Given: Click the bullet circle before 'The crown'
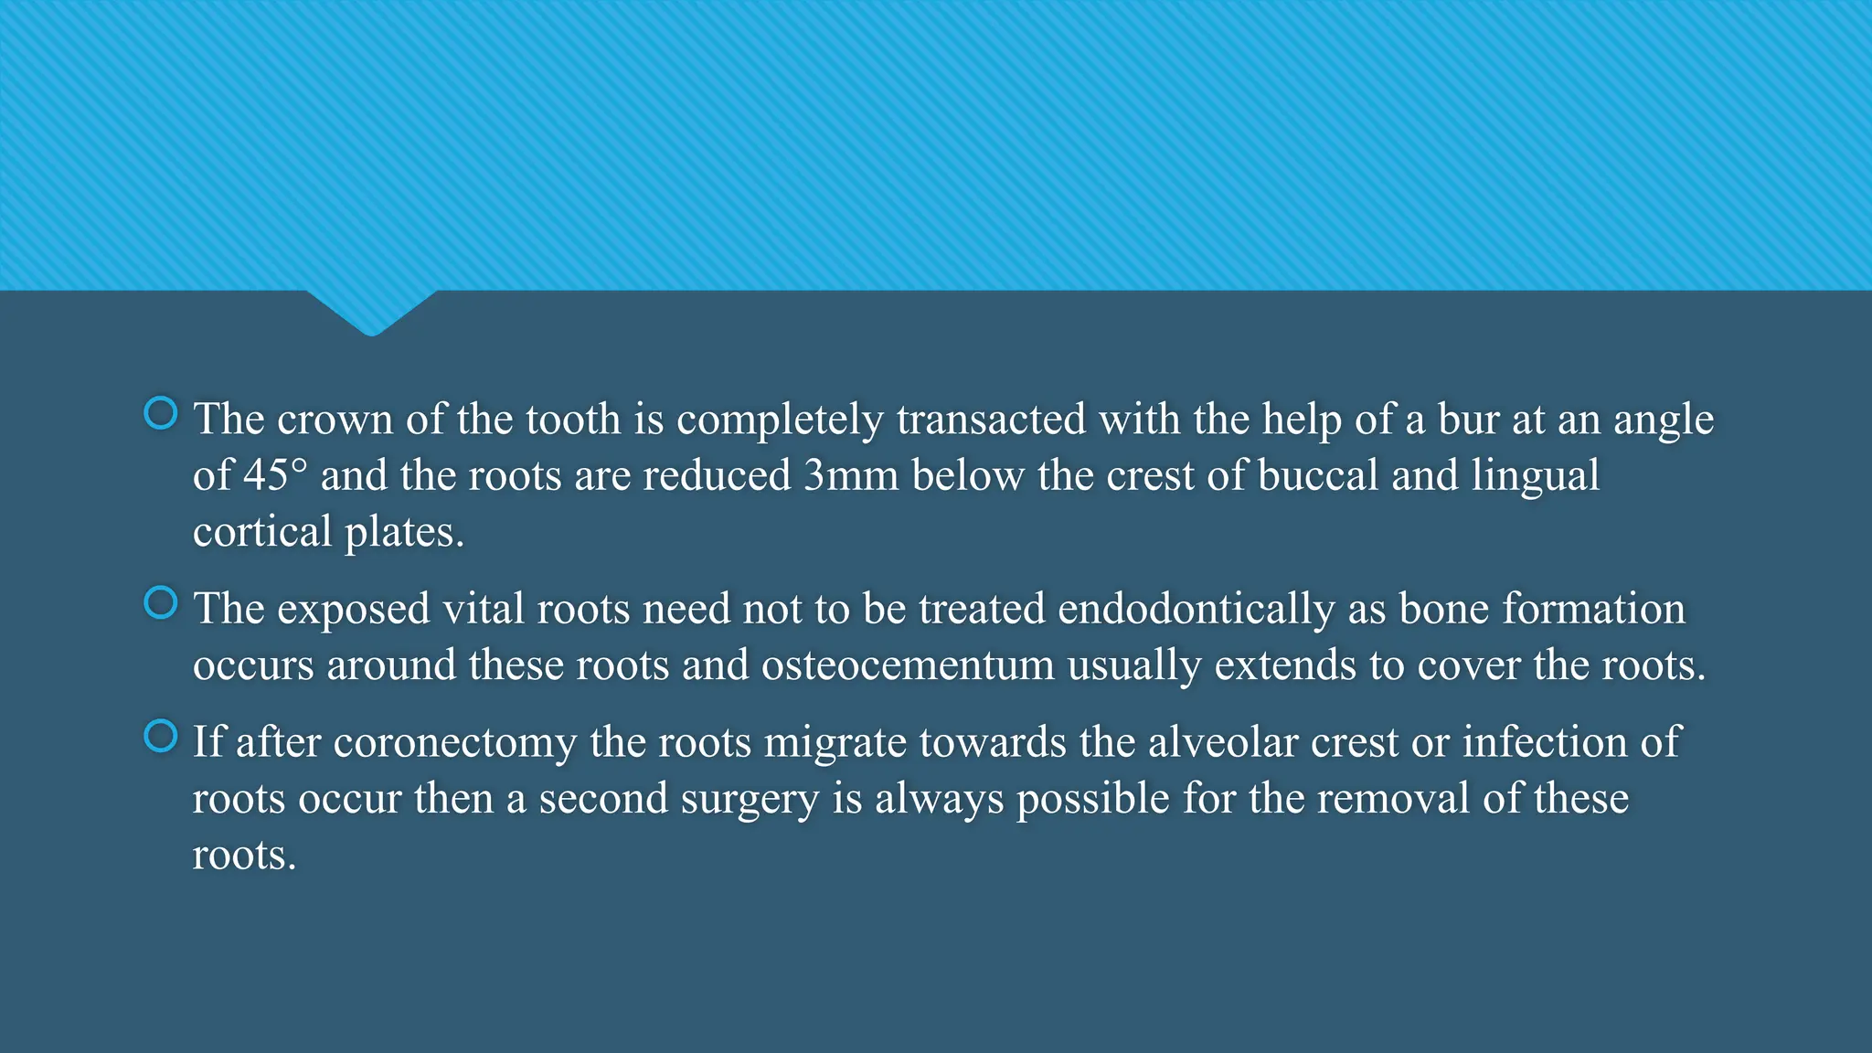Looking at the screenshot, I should pyautogui.click(x=161, y=414).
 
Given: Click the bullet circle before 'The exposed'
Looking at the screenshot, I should pyautogui.click(x=161, y=603).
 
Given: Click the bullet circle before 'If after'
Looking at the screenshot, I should pyautogui.click(x=161, y=737).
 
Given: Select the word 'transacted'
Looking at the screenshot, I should pyautogui.click(x=991, y=420).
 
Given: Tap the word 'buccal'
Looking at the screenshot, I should pyautogui.click(x=1317, y=476).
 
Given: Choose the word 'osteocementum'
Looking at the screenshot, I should pyautogui.click(x=908, y=665).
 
